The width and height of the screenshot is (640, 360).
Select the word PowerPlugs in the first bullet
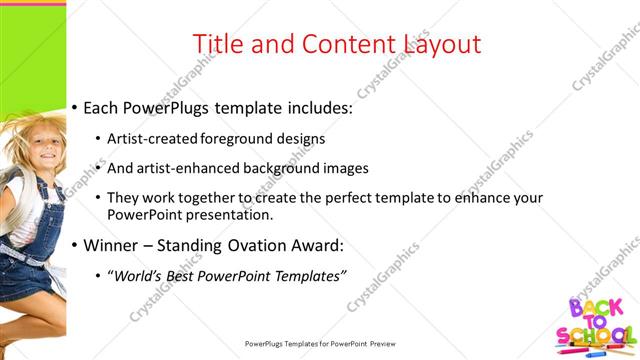tap(170, 108)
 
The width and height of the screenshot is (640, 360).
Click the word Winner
tap(109, 245)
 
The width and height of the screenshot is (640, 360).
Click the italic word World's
tap(138, 275)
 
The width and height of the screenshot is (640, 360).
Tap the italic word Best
tap(183, 275)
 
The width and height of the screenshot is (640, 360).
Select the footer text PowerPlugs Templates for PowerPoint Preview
tap(320, 344)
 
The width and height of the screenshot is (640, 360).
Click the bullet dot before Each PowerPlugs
tap(75, 108)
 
